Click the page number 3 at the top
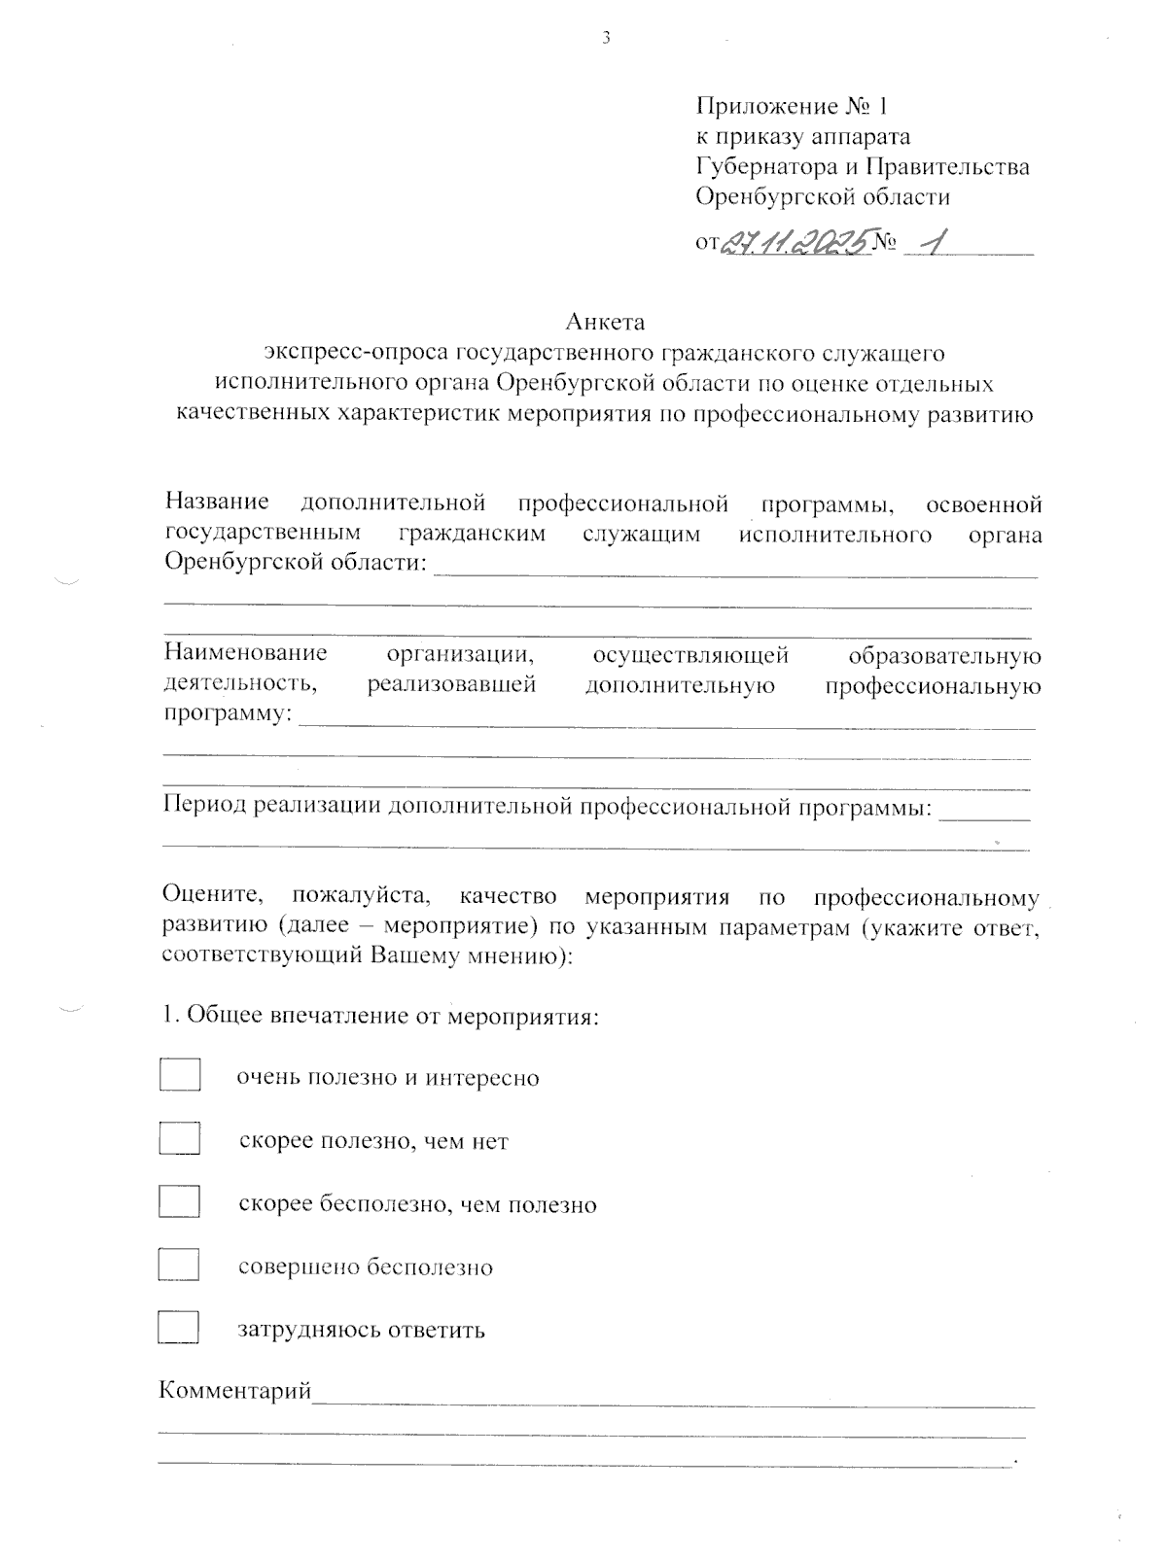606,38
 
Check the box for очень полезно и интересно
180,1076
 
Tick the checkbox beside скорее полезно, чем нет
180,1138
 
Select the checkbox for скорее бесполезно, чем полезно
180,1201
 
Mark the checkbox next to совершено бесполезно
180,1265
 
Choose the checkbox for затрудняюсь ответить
180,1328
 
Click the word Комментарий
235,1392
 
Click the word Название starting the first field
217,503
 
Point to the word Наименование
245,654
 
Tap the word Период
204,807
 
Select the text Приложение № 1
792,105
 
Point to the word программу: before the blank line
227,715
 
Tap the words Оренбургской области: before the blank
296,564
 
